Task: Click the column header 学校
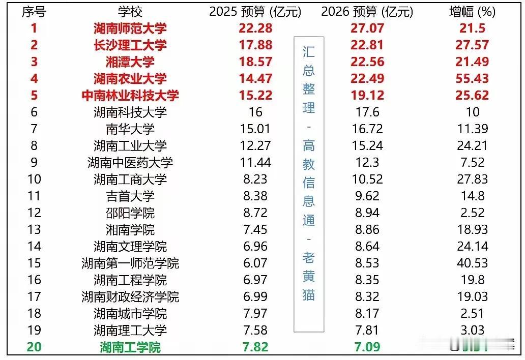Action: (x=130, y=12)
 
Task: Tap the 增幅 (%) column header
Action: (x=472, y=12)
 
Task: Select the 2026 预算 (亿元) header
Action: (x=367, y=12)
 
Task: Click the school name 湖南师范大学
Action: (x=130, y=28)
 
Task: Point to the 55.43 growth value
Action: (x=472, y=79)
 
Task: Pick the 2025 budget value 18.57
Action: (x=255, y=62)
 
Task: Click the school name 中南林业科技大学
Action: (x=130, y=96)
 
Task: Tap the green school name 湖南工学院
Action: (x=130, y=347)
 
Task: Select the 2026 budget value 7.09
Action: (x=367, y=347)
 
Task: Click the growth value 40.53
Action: (x=472, y=263)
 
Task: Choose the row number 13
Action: (x=34, y=230)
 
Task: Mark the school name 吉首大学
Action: (x=130, y=196)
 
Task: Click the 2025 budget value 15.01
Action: (x=255, y=129)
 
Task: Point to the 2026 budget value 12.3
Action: (x=367, y=163)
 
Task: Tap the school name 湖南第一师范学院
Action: (x=130, y=263)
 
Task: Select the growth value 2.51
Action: (x=472, y=314)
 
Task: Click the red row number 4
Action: (x=34, y=79)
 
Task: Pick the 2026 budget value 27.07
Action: (x=367, y=28)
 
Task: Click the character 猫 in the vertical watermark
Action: (x=309, y=294)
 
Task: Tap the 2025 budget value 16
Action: (x=255, y=112)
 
